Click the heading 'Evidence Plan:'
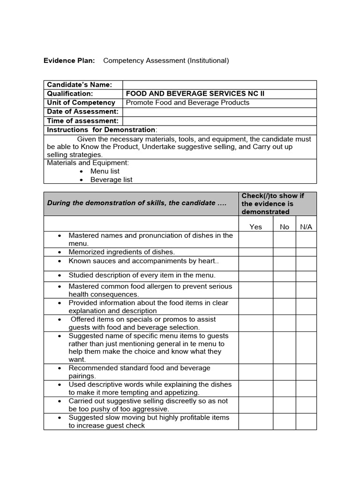pos(69,60)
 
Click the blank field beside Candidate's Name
pos(219,85)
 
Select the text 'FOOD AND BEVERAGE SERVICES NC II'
pos(195,94)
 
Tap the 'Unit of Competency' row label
pos(81,103)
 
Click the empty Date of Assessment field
pos(219,112)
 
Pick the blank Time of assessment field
pos(219,121)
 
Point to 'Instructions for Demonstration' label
pos(102,130)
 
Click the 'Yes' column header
pos(256,227)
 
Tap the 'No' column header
pos(285,227)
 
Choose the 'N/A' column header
pos(306,227)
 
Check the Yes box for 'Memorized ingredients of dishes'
pos(256,252)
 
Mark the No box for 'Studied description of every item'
pos(285,276)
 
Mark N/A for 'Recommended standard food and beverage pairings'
pos(306,372)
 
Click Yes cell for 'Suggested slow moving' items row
pos(256,421)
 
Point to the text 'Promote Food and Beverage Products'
pos(187,103)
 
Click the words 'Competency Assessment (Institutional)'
pos(166,60)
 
